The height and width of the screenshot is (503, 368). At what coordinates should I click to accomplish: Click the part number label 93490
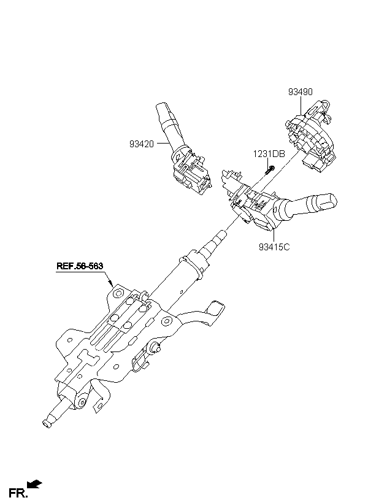(300, 92)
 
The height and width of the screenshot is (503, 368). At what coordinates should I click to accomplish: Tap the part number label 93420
(142, 144)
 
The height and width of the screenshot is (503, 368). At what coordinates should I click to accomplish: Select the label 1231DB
(269, 154)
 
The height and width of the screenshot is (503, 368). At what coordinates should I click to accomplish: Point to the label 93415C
(274, 247)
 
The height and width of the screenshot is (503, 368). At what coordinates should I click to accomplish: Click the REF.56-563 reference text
(80, 266)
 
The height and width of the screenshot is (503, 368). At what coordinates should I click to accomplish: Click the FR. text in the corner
(18, 493)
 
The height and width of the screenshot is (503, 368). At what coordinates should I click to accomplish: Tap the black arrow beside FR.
(34, 484)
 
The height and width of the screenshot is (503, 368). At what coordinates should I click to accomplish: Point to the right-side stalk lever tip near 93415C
(329, 201)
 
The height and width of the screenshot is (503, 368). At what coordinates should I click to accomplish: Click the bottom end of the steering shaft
(47, 424)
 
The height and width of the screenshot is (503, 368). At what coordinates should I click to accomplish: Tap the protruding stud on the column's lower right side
(156, 347)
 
